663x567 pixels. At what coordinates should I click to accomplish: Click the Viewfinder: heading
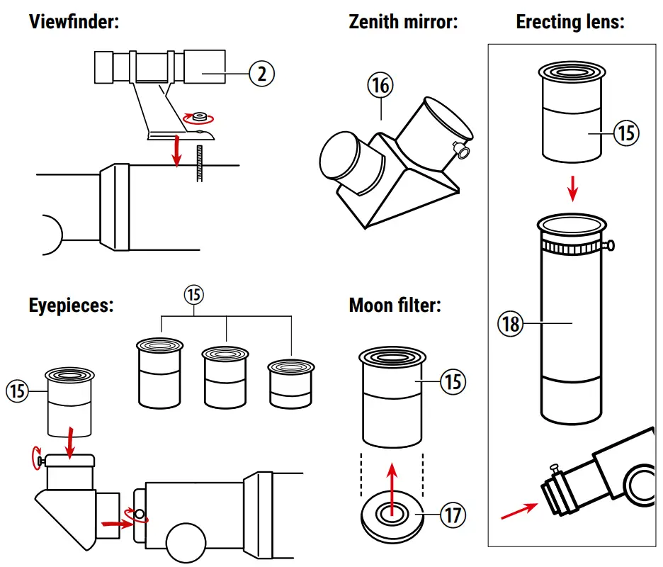coord(74,21)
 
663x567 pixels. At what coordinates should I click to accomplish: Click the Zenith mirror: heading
coord(404,21)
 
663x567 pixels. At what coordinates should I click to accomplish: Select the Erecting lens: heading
coord(570,21)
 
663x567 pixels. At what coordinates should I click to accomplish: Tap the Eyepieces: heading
coord(72,305)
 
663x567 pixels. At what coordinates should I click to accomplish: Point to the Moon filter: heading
coord(395,305)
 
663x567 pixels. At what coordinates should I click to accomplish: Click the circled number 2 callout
coord(262,73)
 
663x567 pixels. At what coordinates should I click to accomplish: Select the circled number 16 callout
coord(380,86)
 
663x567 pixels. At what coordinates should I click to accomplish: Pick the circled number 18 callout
coord(510,324)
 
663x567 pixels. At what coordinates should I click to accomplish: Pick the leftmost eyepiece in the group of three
coord(160,374)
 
